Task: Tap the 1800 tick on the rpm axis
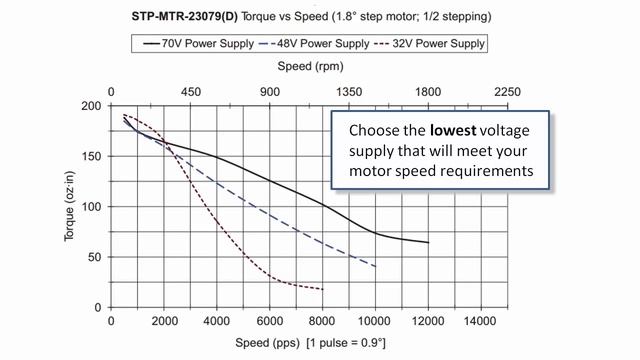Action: (x=428, y=92)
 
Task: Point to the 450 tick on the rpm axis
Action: (x=191, y=92)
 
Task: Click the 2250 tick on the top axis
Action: (x=507, y=92)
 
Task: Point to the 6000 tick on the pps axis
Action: (x=270, y=322)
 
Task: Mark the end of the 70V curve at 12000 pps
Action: (x=428, y=243)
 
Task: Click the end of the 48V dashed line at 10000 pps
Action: (x=376, y=267)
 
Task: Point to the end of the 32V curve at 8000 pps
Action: (x=323, y=289)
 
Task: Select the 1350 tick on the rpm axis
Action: (x=349, y=92)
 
